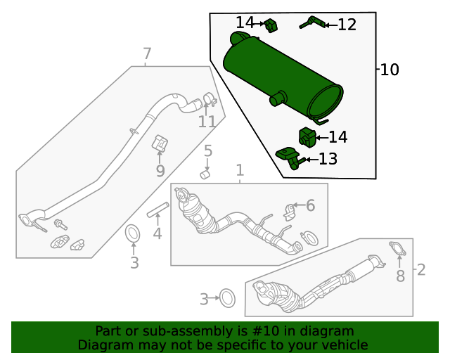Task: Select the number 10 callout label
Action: [x=389, y=70]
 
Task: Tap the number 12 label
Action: [x=347, y=25]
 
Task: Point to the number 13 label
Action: [x=328, y=160]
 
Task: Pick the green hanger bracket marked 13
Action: [x=289, y=156]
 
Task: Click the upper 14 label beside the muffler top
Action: [x=245, y=22]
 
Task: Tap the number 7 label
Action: [x=146, y=54]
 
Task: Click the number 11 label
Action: [x=206, y=122]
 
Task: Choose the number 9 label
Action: [x=160, y=171]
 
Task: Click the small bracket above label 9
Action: [x=160, y=144]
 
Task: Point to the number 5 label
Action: [x=207, y=150]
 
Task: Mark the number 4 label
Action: [x=157, y=233]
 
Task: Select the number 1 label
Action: [x=239, y=170]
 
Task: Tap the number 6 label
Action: [x=310, y=205]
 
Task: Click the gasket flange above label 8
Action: [x=397, y=248]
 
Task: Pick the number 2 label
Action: [x=421, y=269]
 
